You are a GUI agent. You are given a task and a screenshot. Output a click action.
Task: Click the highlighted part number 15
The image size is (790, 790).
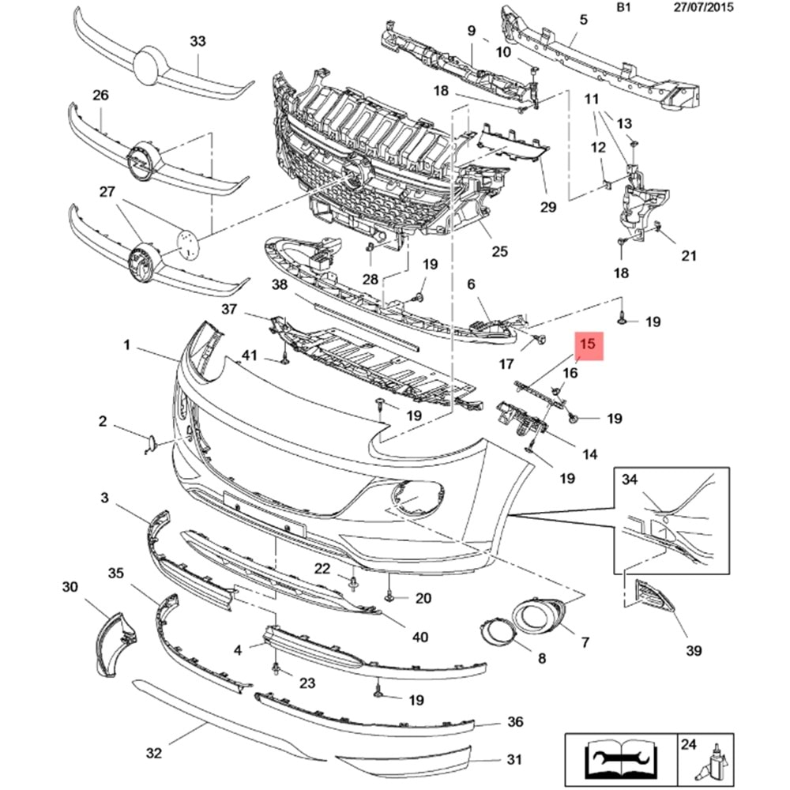(589, 344)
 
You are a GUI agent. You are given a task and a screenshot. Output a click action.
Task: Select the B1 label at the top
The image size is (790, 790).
(624, 9)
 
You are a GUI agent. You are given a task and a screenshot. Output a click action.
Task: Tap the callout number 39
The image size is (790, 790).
(693, 650)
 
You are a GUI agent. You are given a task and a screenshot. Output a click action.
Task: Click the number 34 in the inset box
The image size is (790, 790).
(629, 480)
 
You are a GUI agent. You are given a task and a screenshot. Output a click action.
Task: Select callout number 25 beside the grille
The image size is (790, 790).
(499, 252)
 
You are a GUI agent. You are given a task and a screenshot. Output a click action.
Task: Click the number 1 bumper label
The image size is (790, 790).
(126, 344)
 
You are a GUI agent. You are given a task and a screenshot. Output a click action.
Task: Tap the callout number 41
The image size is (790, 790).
(250, 355)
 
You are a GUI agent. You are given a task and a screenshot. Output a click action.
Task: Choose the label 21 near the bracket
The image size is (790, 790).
(689, 255)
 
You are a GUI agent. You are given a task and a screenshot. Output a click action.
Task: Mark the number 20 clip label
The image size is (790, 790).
(423, 598)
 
